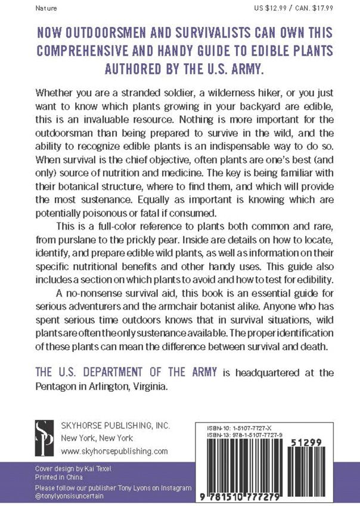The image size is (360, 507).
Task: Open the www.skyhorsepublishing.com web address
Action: (115, 451)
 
